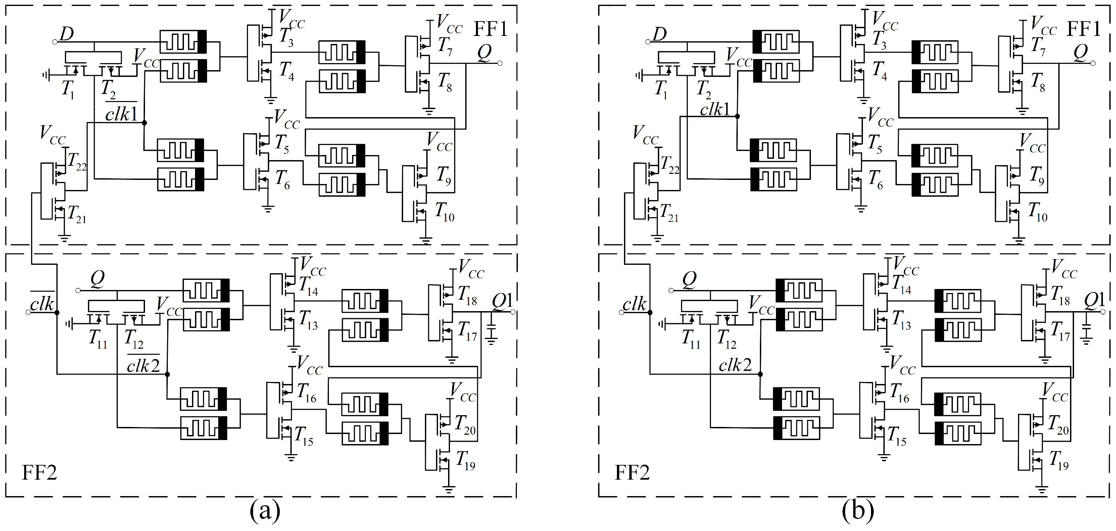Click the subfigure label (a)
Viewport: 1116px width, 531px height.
tap(265, 512)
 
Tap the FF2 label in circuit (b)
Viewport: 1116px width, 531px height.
tap(632, 473)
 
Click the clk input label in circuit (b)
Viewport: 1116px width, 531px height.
tap(634, 305)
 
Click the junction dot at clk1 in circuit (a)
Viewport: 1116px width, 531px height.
tap(144, 123)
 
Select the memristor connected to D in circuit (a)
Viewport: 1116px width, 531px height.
tap(183, 42)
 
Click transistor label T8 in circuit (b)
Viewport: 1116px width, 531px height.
tap(1037, 82)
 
